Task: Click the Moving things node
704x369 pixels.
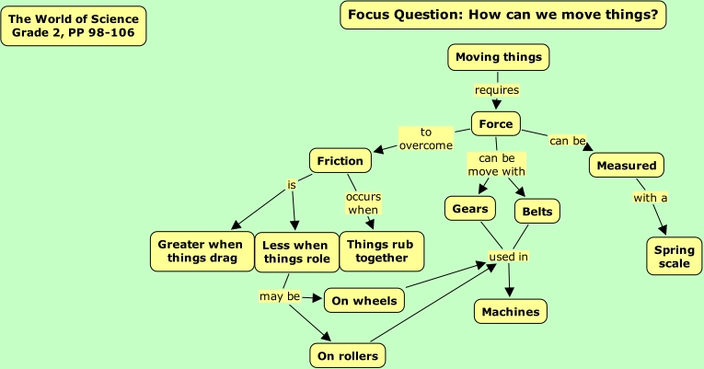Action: click(499, 57)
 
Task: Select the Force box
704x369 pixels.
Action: click(496, 124)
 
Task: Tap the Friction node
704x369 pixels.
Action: click(340, 161)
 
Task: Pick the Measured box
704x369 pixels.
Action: click(626, 166)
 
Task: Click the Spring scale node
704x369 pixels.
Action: click(675, 257)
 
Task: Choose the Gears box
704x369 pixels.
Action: click(470, 209)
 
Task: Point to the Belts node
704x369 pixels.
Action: click(537, 212)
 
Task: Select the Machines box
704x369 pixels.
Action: click(511, 312)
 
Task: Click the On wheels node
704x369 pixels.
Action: click(364, 300)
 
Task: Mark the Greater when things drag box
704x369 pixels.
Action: click(201, 251)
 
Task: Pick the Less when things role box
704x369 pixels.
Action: click(295, 252)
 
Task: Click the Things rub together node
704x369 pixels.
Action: click(382, 251)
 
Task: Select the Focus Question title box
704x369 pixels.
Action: click(502, 15)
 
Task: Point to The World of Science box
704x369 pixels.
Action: click(74, 26)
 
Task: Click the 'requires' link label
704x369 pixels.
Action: click(497, 90)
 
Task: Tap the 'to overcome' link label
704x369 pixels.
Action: click(426, 139)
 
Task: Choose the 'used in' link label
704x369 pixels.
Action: click(508, 257)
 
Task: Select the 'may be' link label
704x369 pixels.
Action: click(280, 296)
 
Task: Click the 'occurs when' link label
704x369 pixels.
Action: click(363, 203)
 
